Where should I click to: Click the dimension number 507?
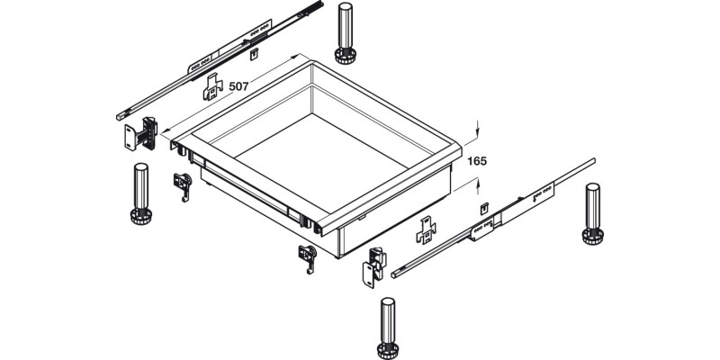pyautogui.click(x=238, y=86)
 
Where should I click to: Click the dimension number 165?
pyautogui.click(x=477, y=162)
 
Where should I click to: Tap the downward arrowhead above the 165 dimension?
pyautogui.click(x=477, y=130)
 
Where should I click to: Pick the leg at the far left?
pyautogui.click(x=140, y=193)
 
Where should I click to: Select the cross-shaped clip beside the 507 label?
pyautogui.click(x=212, y=88)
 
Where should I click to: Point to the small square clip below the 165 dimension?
pyautogui.click(x=484, y=209)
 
